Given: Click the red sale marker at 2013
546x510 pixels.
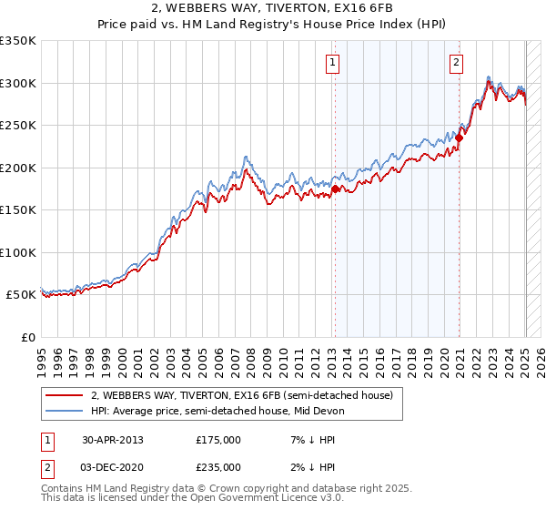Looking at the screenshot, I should pos(335,189).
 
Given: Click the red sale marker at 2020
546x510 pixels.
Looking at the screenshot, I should pos(460,138).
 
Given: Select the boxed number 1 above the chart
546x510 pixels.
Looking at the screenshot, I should pos(332,63).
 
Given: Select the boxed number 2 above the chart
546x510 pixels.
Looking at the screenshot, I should pos(455,63).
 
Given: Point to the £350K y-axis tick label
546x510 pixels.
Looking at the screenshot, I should pos(18,41).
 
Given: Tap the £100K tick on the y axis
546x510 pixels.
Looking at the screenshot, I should pos(18,252).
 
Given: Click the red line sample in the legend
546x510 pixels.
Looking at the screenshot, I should pos(65,395).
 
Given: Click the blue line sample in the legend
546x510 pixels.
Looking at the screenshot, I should pos(65,411).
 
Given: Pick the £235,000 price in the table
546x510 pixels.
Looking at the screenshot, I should pos(218,466).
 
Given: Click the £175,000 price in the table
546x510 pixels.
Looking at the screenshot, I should pos(218,440).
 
